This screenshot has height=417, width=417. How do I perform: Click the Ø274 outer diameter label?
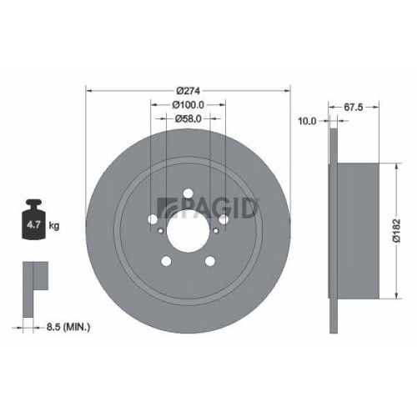click(188, 89)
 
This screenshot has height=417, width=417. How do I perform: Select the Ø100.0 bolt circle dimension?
click(188, 105)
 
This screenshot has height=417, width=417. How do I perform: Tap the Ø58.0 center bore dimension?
click(188, 120)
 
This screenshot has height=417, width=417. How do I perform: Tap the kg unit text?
click(54, 225)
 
